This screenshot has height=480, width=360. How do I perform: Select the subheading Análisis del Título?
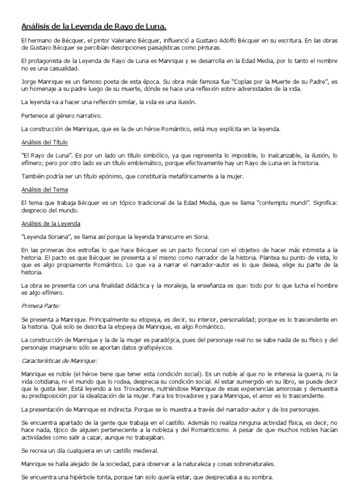[45, 142]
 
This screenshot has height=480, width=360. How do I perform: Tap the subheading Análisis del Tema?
[45, 189]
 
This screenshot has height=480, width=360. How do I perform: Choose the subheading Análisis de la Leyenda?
[51, 224]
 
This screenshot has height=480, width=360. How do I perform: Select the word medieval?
[145, 450]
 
